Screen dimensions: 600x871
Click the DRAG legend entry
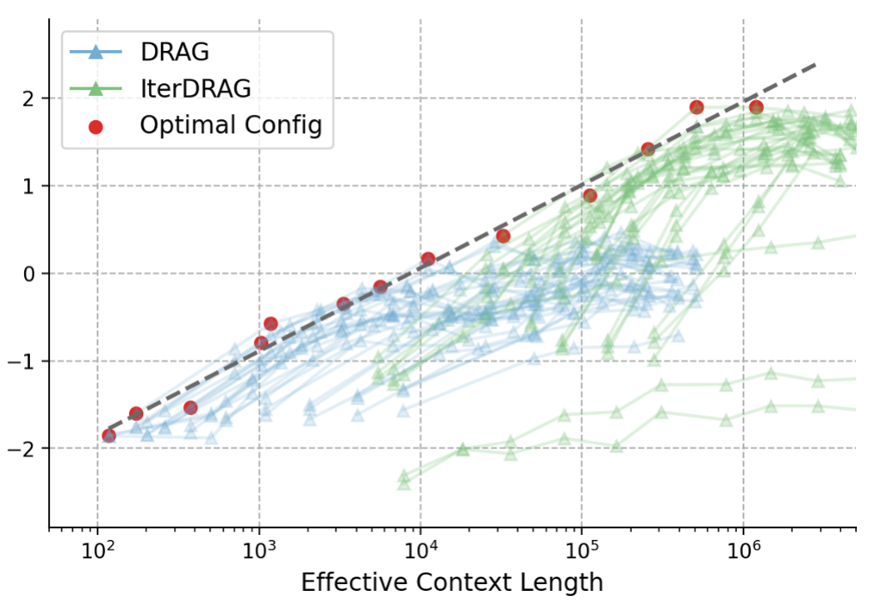coord(174,52)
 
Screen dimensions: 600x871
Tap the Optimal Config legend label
coord(231,125)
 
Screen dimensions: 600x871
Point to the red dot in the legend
coord(96,126)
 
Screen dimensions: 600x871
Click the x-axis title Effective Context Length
coord(452,581)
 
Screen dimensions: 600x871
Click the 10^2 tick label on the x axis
coord(98,551)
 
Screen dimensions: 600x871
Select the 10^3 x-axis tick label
coord(260,551)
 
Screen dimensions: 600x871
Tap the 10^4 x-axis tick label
coord(421,551)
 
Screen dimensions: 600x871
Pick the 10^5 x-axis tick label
coord(582,551)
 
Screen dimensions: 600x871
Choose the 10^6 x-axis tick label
coord(744,551)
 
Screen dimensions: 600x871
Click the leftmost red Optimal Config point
coord(109,436)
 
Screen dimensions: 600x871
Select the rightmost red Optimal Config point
coord(756,107)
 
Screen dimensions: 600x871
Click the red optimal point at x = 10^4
coord(428,259)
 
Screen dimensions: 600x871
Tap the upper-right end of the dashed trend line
coord(816,63)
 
